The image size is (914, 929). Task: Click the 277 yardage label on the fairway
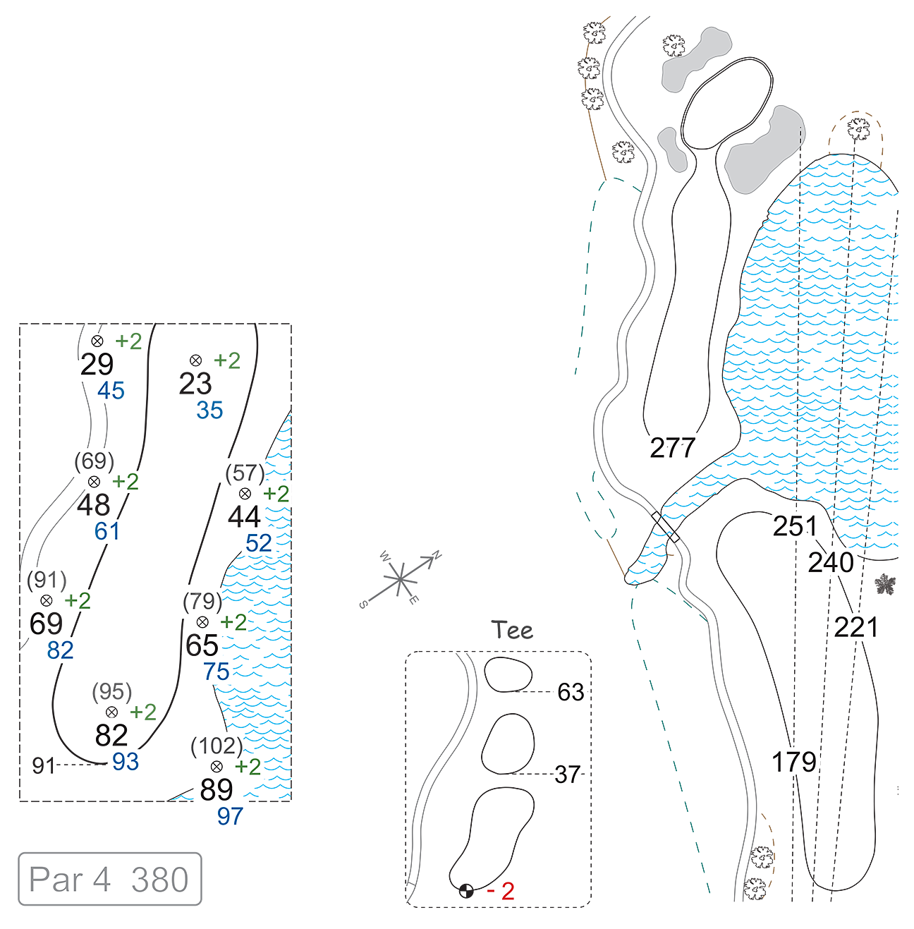point(672,448)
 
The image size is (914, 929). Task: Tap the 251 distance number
point(795,526)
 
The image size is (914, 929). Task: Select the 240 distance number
point(831,562)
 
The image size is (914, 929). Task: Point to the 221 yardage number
point(855,627)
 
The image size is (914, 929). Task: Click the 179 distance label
point(794,762)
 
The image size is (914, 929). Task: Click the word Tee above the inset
point(512,630)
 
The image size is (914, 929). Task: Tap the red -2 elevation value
point(501,891)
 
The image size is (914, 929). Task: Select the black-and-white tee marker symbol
point(466,890)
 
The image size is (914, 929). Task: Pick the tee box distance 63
point(571,693)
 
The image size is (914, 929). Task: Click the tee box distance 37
point(567,775)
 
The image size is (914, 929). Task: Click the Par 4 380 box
point(110,879)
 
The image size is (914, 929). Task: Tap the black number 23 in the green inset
point(195,384)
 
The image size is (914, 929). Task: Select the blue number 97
point(230,816)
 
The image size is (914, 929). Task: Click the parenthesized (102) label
point(217,746)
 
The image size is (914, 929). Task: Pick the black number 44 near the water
point(244,518)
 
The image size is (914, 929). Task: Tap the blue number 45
point(111,391)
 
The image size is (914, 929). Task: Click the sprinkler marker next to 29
point(97,341)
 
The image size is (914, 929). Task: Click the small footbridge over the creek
point(665,527)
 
